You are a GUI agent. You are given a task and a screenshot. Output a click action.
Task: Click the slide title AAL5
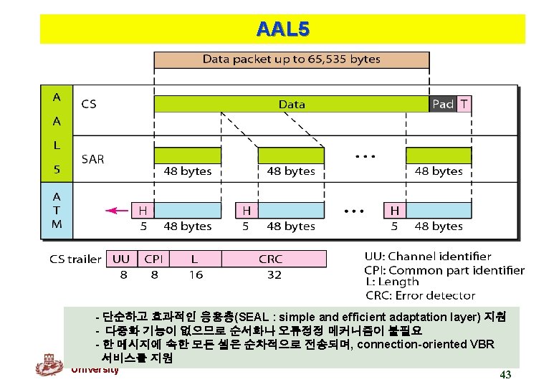click(x=282, y=29)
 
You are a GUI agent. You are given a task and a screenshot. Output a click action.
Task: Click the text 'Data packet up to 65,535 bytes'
click(x=291, y=59)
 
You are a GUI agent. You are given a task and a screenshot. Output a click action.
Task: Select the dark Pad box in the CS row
click(x=442, y=104)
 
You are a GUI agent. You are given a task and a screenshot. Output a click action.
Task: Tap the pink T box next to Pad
click(x=464, y=104)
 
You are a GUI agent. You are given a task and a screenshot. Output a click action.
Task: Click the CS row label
click(x=89, y=104)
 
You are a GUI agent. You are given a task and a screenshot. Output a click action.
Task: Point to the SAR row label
click(x=93, y=159)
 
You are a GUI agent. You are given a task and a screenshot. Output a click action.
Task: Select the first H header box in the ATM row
click(x=143, y=211)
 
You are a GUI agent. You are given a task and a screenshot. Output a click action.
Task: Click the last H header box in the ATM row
click(x=394, y=211)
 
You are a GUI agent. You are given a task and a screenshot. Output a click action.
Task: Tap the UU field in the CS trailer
click(x=123, y=259)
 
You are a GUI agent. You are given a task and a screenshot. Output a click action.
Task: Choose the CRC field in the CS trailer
click(x=271, y=259)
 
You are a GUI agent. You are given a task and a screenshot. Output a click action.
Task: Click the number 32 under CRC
click(x=274, y=274)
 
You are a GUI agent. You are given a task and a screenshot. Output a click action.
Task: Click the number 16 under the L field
click(x=196, y=274)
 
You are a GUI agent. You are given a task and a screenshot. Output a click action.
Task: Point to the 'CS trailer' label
click(x=75, y=259)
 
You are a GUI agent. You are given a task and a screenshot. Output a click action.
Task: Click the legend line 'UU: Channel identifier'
click(x=428, y=256)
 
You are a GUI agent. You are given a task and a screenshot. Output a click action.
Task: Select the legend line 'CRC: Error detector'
click(x=420, y=295)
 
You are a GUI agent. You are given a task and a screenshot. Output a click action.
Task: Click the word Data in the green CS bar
click(x=292, y=104)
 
